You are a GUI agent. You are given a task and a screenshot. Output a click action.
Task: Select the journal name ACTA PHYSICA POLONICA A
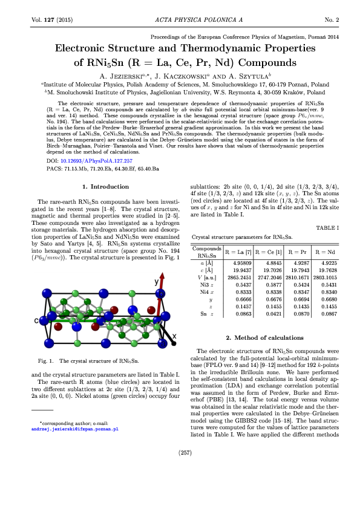click(x=180, y=19)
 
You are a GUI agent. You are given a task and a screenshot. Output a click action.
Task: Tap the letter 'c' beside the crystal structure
click(x=36, y=320)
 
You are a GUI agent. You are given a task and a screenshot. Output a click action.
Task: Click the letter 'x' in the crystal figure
click(x=174, y=336)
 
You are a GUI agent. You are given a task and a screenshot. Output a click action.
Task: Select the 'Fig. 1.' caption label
click(x=47, y=361)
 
